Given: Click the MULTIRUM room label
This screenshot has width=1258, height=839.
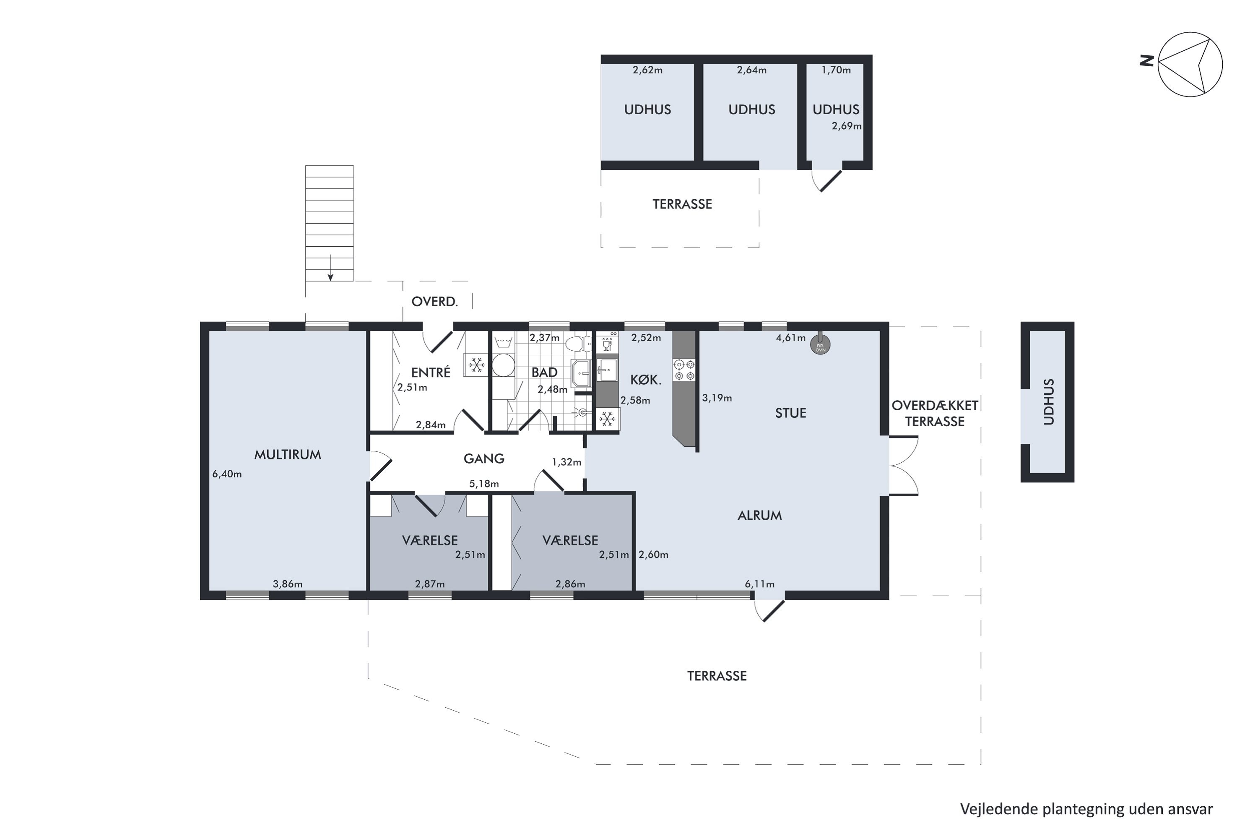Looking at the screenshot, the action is click(x=287, y=455).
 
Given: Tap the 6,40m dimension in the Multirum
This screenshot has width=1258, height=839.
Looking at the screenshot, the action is click(x=227, y=474).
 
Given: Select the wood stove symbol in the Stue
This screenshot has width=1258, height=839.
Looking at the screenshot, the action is click(x=821, y=344).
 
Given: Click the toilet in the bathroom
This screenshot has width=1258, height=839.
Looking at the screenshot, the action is click(x=578, y=344).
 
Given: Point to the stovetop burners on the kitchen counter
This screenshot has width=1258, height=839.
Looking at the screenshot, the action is click(x=684, y=370).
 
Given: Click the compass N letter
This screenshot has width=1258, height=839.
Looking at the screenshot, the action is click(x=1146, y=61).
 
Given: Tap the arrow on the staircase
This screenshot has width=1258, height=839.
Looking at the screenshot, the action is click(x=330, y=268).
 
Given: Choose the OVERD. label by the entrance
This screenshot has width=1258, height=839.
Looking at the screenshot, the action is click(x=434, y=302).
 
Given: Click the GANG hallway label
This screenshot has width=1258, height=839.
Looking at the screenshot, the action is click(x=483, y=459).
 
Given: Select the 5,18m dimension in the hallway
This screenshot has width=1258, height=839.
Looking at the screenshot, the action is click(x=484, y=484).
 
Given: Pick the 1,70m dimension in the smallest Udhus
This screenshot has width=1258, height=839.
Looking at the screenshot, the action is click(x=836, y=70).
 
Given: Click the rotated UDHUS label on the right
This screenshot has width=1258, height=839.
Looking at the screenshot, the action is click(x=1049, y=402).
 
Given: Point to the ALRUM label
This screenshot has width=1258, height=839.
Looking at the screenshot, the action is click(x=759, y=515).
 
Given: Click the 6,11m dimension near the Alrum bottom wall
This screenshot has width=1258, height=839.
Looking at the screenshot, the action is click(x=759, y=584).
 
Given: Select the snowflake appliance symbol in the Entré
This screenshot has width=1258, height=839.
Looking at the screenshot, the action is click(x=476, y=365).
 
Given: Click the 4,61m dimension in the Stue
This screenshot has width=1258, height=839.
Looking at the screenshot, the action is click(x=790, y=338).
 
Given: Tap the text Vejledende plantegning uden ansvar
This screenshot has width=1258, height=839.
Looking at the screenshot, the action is click(x=1086, y=809).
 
